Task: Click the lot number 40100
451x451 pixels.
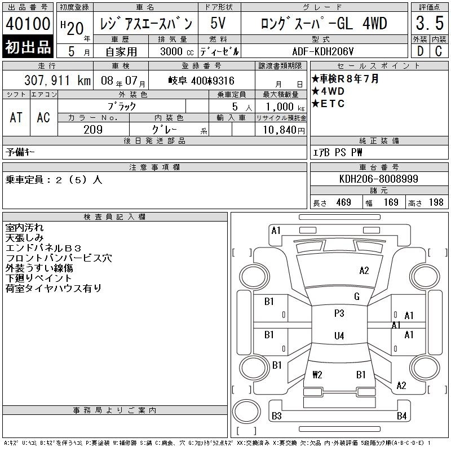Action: [x=28, y=24]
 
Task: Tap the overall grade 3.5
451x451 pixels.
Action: [x=430, y=23]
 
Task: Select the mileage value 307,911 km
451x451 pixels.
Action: [x=58, y=80]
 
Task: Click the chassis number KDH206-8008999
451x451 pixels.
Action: [x=378, y=179]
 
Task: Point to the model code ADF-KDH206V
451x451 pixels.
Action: [x=322, y=51]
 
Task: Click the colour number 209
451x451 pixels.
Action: [x=93, y=130]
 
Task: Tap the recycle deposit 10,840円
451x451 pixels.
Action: [x=284, y=130]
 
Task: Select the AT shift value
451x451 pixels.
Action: [x=16, y=117]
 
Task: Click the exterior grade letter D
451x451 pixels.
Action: [x=420, y=51]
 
